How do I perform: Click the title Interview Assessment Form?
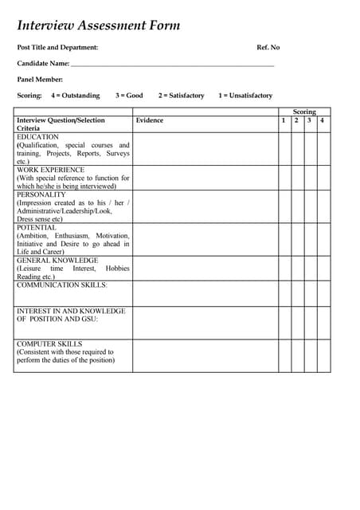click(99, 25)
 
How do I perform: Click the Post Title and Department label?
click(57, 48)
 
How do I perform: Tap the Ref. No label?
click(268, 48)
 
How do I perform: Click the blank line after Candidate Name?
click(172, 64)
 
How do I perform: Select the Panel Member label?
click(40, 80)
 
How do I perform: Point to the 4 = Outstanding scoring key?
click(76, 96)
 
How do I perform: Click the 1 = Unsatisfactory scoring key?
click(245, 96)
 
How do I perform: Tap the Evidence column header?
click(150, 120)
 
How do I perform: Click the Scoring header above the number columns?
click(304, 112)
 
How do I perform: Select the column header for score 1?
click(284, 120)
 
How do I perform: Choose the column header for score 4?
click(323, 120)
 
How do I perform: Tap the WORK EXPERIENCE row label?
click(50, 170)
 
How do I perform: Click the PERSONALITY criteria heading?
click(41, 194)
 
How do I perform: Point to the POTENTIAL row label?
click(37, 227)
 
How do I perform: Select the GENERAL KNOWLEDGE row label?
click(57, 260)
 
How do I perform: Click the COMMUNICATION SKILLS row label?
click(61, 284)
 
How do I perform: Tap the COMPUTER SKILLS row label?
click(49, 344)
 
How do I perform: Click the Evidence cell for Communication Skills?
click(205, 292)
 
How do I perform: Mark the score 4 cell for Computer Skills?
click(323, 355)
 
